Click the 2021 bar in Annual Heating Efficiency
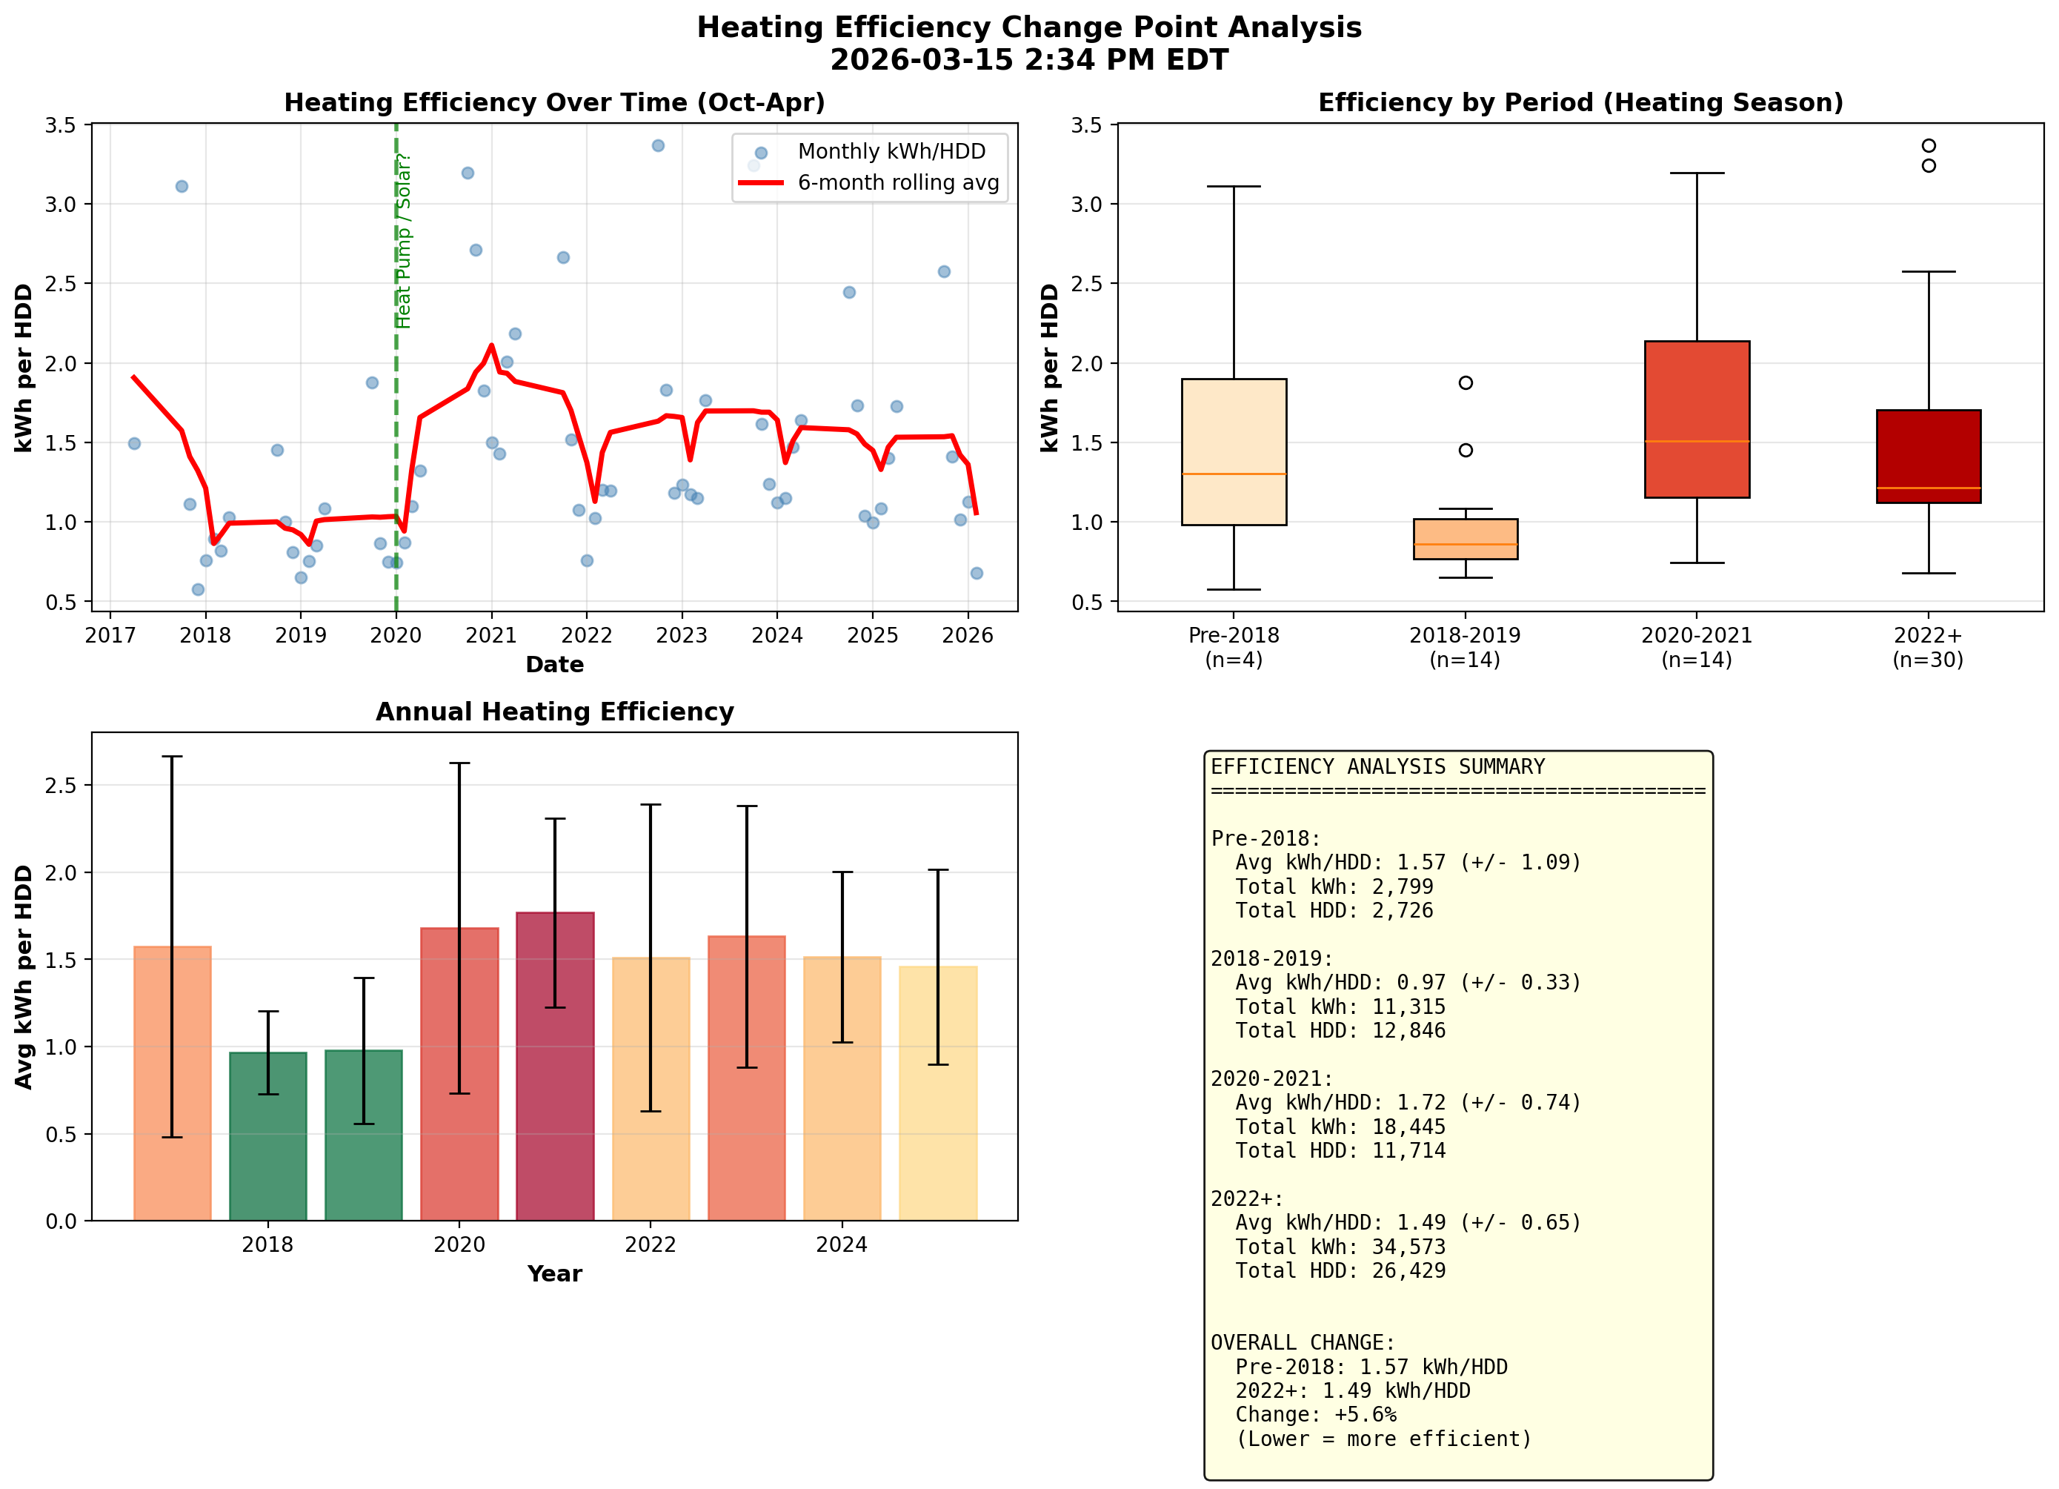point(555,1066)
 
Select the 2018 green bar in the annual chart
point(267,1135)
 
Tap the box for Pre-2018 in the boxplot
point(1234,451)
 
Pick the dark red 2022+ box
point(1929,456)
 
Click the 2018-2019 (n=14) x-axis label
point(1464,647)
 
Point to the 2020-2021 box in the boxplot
point(1696,419)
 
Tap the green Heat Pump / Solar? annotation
point(403,241)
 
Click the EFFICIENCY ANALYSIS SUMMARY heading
point(1377,767)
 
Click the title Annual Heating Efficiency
point(555,712)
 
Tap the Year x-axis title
point(555,1274)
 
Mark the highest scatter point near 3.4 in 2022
point(658,145)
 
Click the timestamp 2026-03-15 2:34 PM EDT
point(1028,60)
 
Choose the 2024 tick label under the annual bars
point(842,1244)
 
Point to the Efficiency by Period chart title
point(1580,102)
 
